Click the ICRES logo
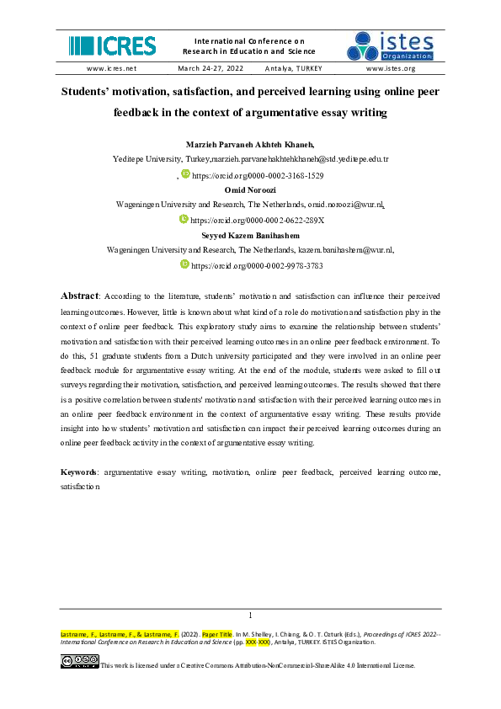[x=112, y=45]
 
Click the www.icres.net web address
[x=111, y=68]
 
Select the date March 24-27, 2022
[x=210, y=68]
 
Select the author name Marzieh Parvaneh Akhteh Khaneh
[x=250, y=144]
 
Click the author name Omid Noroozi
[x=250, y=190]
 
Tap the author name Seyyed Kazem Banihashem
[x=250, y=235]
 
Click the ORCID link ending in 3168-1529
[x=258, y=176]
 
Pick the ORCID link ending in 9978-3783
[x=257, y=265]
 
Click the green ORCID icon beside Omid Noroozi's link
[x=184, y=219]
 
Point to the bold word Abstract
[x=80, y=296]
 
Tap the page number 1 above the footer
[x=251, y=615]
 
